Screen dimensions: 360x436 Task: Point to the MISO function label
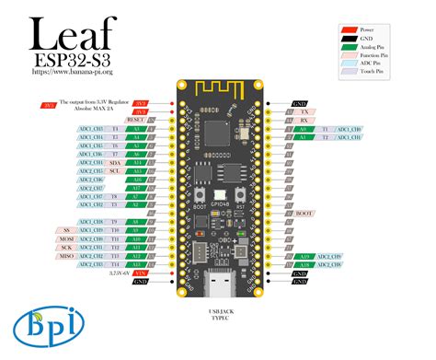tap(67, 257)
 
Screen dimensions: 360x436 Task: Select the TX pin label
tap(304, 110)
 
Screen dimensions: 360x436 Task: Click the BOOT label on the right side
tap(304, 213)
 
